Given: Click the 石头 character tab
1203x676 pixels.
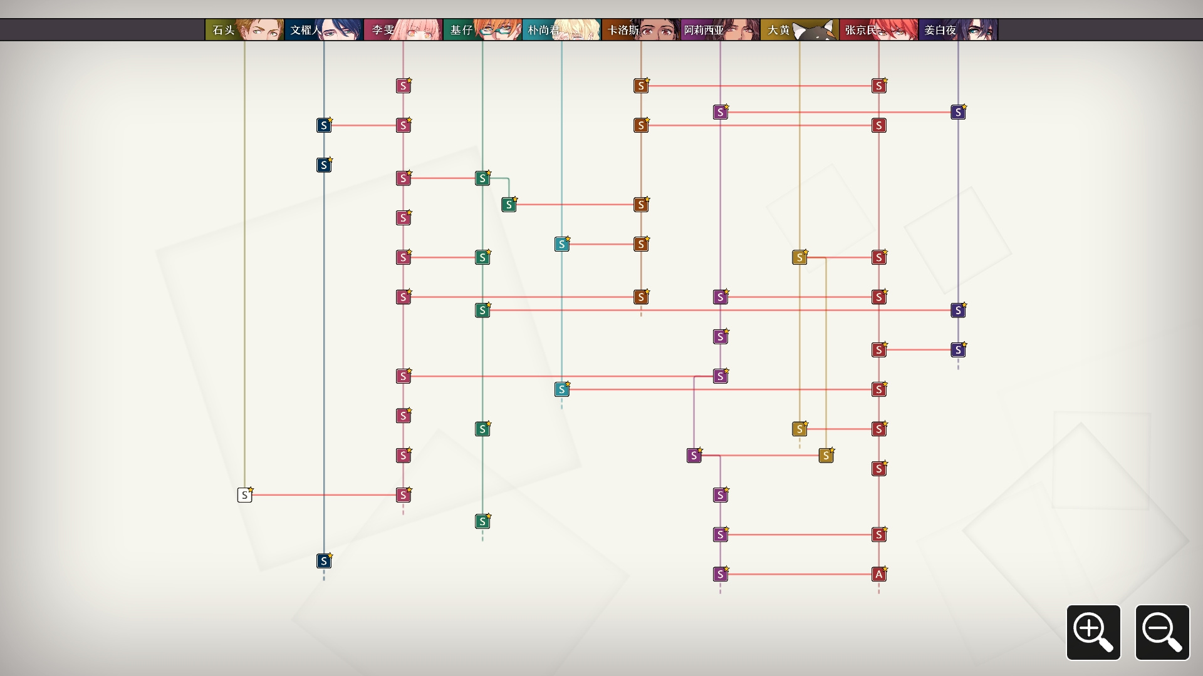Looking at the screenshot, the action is pyautogui.click(x=244, y=30).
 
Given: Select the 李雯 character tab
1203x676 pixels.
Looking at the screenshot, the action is pyautogui.click(x=403, y=30).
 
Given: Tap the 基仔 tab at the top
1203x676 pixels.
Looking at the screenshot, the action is pyautogui.click(x=482, y=30).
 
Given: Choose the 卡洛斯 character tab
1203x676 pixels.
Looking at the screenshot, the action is pyautogui.click(x=641, y=30).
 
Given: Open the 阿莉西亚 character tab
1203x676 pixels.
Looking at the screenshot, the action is pyautogui.click(x=720, y=30).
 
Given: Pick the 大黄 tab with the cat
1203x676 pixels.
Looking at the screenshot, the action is pyautogui.click(x=799, y=30).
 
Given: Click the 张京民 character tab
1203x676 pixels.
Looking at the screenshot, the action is pyautogui.click(x=878, y=30).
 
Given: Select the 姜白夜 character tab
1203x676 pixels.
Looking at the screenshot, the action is pyautogui.click(x=958, y=30).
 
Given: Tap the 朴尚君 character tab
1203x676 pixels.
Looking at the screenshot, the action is pyautogui.click(x=561, y=30).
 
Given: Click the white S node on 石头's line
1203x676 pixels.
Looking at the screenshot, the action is pyautogui.click(x=244, y=495).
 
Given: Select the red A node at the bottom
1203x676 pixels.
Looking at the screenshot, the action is pyautogui.click(x=878, y=574).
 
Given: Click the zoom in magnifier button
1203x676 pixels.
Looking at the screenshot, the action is pyautogui.click(x=1093, y=632).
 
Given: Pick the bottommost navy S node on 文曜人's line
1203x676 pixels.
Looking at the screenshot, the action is pyautogui.click(x=323, y=561).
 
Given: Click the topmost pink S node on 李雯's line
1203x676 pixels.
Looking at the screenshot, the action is pyautogui.click(x=403, y=86).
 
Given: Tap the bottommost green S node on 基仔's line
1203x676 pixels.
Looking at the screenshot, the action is pyautogui.click(x=482, y=521).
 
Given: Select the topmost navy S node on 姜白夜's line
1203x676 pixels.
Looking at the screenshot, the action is pyautogui.click(x=958, y=112).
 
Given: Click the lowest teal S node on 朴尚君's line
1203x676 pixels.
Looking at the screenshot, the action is pyautogui.click(x=561, y=389).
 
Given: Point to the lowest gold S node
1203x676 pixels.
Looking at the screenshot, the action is pyautogui.click(x=826, y=456).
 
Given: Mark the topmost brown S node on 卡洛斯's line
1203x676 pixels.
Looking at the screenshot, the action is pyautogui.click(x=640, y=86).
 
